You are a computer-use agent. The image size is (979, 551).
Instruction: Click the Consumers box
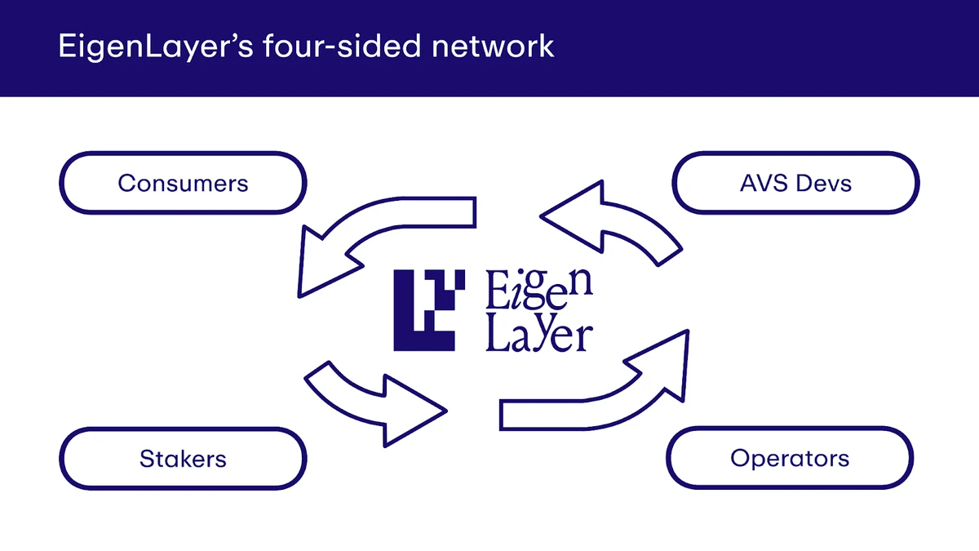[x=183, y=182]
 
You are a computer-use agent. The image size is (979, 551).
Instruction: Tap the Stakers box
[x=183, y=458]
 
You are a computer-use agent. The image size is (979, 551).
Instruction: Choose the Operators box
[x=789, y=458]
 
